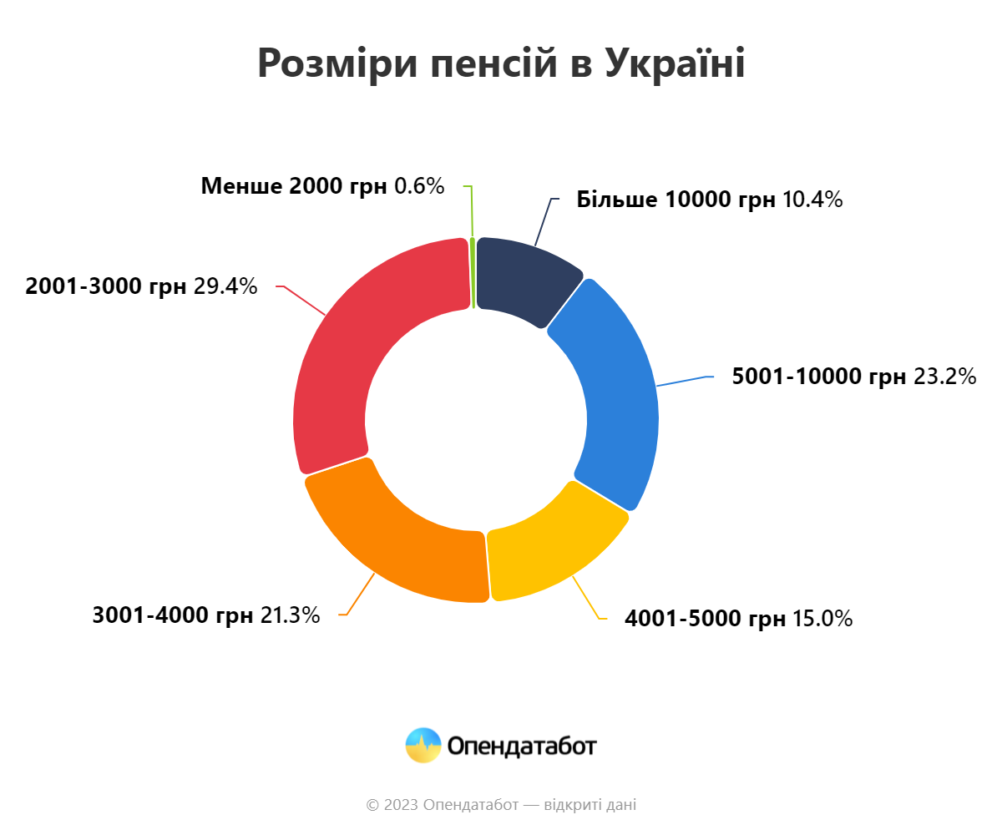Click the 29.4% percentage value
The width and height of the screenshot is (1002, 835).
pos(225,286)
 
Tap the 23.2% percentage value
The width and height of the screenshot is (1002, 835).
pos(944,377)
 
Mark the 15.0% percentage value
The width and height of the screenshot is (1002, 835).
pos(822,619)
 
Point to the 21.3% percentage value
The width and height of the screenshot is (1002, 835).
pos(290,615)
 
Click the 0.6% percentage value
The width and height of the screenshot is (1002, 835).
pos(419,185)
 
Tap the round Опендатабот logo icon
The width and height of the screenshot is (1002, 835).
pos(423,745)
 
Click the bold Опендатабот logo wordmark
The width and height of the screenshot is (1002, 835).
pos(522,746)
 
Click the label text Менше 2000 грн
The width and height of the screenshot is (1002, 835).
pos(294,185)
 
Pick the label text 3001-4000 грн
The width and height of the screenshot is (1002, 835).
pos(173,615)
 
